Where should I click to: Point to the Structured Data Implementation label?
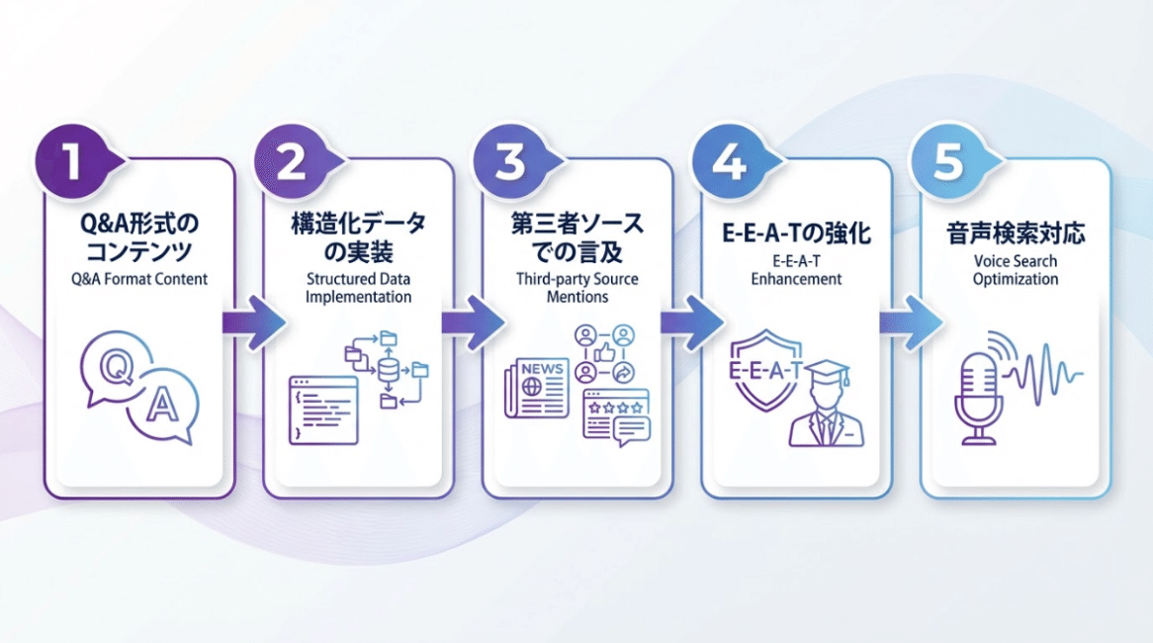point(359,288)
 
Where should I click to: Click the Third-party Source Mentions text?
point(577,288)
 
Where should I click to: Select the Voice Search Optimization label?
point(1015,270)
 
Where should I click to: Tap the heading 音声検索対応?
point(1015,234)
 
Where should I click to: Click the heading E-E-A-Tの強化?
point(796,235)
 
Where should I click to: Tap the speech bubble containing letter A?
point(162,407)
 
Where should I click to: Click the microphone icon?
point(979,395)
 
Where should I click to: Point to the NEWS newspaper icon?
point(537,387)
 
